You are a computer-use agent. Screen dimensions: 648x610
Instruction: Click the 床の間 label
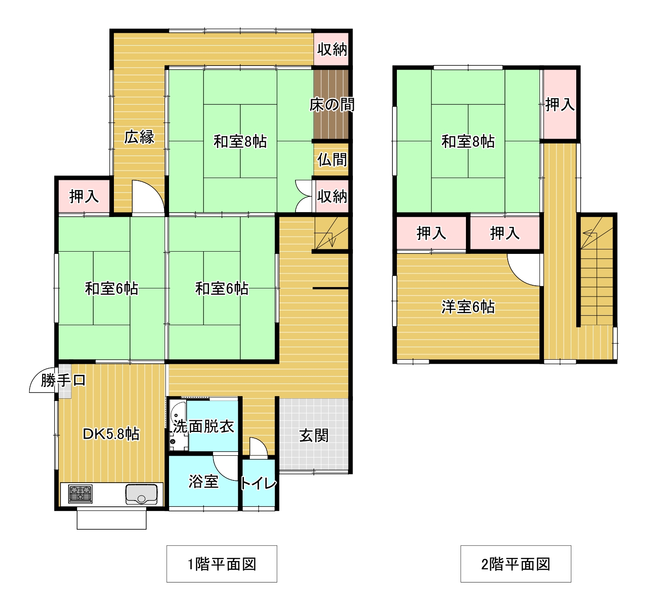point(332,105)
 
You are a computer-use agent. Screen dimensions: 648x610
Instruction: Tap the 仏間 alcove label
point(332,160)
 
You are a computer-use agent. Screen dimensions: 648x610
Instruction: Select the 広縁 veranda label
point(139,137)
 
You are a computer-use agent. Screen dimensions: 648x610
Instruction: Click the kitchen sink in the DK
point(142,494)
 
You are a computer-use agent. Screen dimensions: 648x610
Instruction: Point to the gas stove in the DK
point(80,494)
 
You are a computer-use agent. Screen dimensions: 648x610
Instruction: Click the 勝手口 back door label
point(63,380)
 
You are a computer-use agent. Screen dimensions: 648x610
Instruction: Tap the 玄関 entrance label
point(313,436)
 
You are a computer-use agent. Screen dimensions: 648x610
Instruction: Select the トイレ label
point(258,483)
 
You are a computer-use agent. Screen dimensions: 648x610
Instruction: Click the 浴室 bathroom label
point(203,481)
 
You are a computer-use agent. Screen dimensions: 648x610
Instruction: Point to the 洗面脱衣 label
point(203,426)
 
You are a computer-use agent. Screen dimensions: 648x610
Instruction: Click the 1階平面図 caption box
point(222,564)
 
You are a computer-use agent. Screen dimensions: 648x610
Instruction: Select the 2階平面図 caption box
point(516,564)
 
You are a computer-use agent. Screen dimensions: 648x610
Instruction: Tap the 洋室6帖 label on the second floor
point(468,307)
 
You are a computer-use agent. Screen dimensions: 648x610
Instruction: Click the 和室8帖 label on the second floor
point(468,142)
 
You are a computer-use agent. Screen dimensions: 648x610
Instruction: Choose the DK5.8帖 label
point(111,434)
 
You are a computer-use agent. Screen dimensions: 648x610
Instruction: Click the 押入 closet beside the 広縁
point(84,196)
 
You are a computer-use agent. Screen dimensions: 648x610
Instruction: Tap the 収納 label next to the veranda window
point(332,50)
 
